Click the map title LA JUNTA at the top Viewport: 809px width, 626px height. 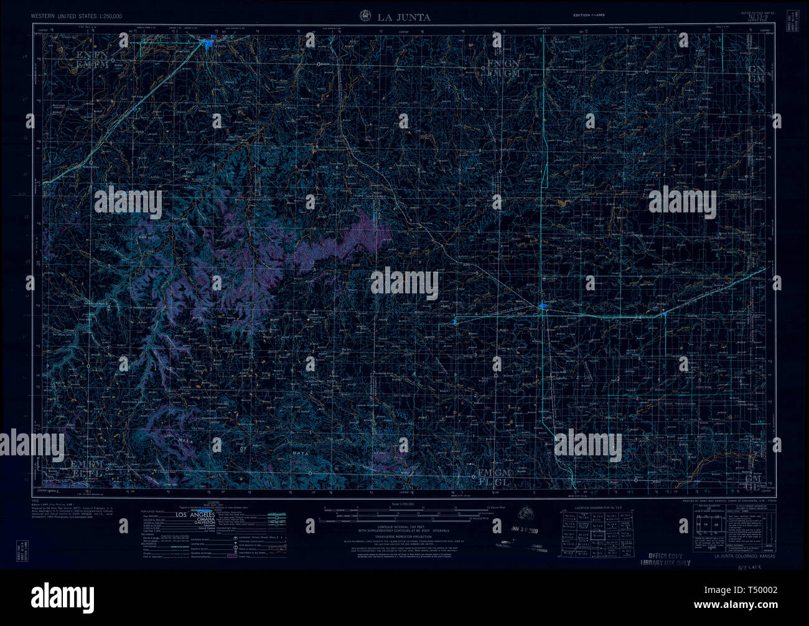click(403, 17)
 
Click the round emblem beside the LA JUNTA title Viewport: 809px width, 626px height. click(365, 16)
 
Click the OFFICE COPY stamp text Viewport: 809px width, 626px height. click(665, 556)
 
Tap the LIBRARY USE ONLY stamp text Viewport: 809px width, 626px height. click(665, 562)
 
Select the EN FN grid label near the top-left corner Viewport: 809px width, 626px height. click(92, 55)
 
